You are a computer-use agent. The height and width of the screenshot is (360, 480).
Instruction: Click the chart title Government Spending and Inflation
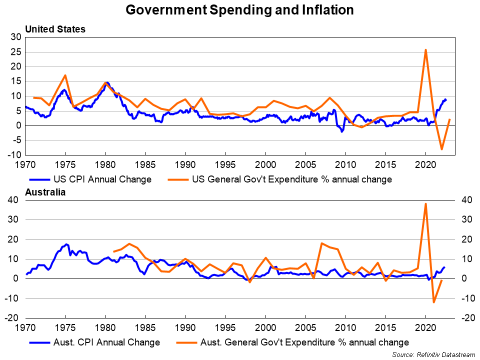tap(239, 10)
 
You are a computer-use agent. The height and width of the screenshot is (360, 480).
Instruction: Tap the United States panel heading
tap(55, 29)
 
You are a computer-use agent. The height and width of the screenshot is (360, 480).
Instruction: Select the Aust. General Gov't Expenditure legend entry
tap(292, 342)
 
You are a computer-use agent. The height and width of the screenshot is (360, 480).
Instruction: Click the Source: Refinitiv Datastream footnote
tap(433, 354)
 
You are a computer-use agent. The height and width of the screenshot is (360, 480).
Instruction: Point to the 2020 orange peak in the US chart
tap(425, 50)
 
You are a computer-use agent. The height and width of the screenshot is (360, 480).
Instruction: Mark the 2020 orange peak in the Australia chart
tap(425, 204)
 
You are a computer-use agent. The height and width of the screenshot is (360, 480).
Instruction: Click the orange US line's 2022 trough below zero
tap(441, 149)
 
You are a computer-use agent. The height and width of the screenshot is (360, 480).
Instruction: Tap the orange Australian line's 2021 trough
tap(433, 302)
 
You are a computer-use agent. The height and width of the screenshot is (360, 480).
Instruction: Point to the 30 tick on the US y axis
tap(16, 37)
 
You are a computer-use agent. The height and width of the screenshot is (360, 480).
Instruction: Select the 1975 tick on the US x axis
tap(65, 163)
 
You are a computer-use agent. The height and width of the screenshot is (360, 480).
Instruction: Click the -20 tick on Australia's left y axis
tap(13, 318)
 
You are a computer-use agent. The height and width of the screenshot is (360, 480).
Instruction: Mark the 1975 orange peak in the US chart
tap(65, 75)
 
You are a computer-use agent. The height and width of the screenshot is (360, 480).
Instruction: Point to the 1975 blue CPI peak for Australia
tap(66, 244)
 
